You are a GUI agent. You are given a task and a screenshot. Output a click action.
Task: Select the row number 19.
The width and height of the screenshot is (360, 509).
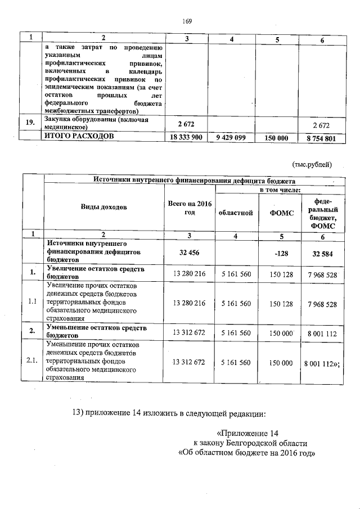tap(31, 123)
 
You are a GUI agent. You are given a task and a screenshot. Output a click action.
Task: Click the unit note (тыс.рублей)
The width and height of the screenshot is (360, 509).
tap(312, 164)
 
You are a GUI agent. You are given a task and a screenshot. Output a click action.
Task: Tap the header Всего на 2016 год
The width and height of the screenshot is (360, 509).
tap(188, 206)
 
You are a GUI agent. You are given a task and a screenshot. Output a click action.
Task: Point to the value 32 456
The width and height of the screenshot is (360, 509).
tap(189, 253)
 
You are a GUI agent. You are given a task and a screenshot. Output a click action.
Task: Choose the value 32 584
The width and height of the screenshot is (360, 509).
tap(320, 254)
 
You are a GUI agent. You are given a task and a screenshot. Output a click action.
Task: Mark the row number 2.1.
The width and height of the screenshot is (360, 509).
tap(33, 361)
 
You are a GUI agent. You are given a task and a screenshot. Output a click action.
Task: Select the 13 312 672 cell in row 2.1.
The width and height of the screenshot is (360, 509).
tap(190, 363)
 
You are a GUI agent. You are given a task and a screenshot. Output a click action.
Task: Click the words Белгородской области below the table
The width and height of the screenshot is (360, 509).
tap(273, 443)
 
